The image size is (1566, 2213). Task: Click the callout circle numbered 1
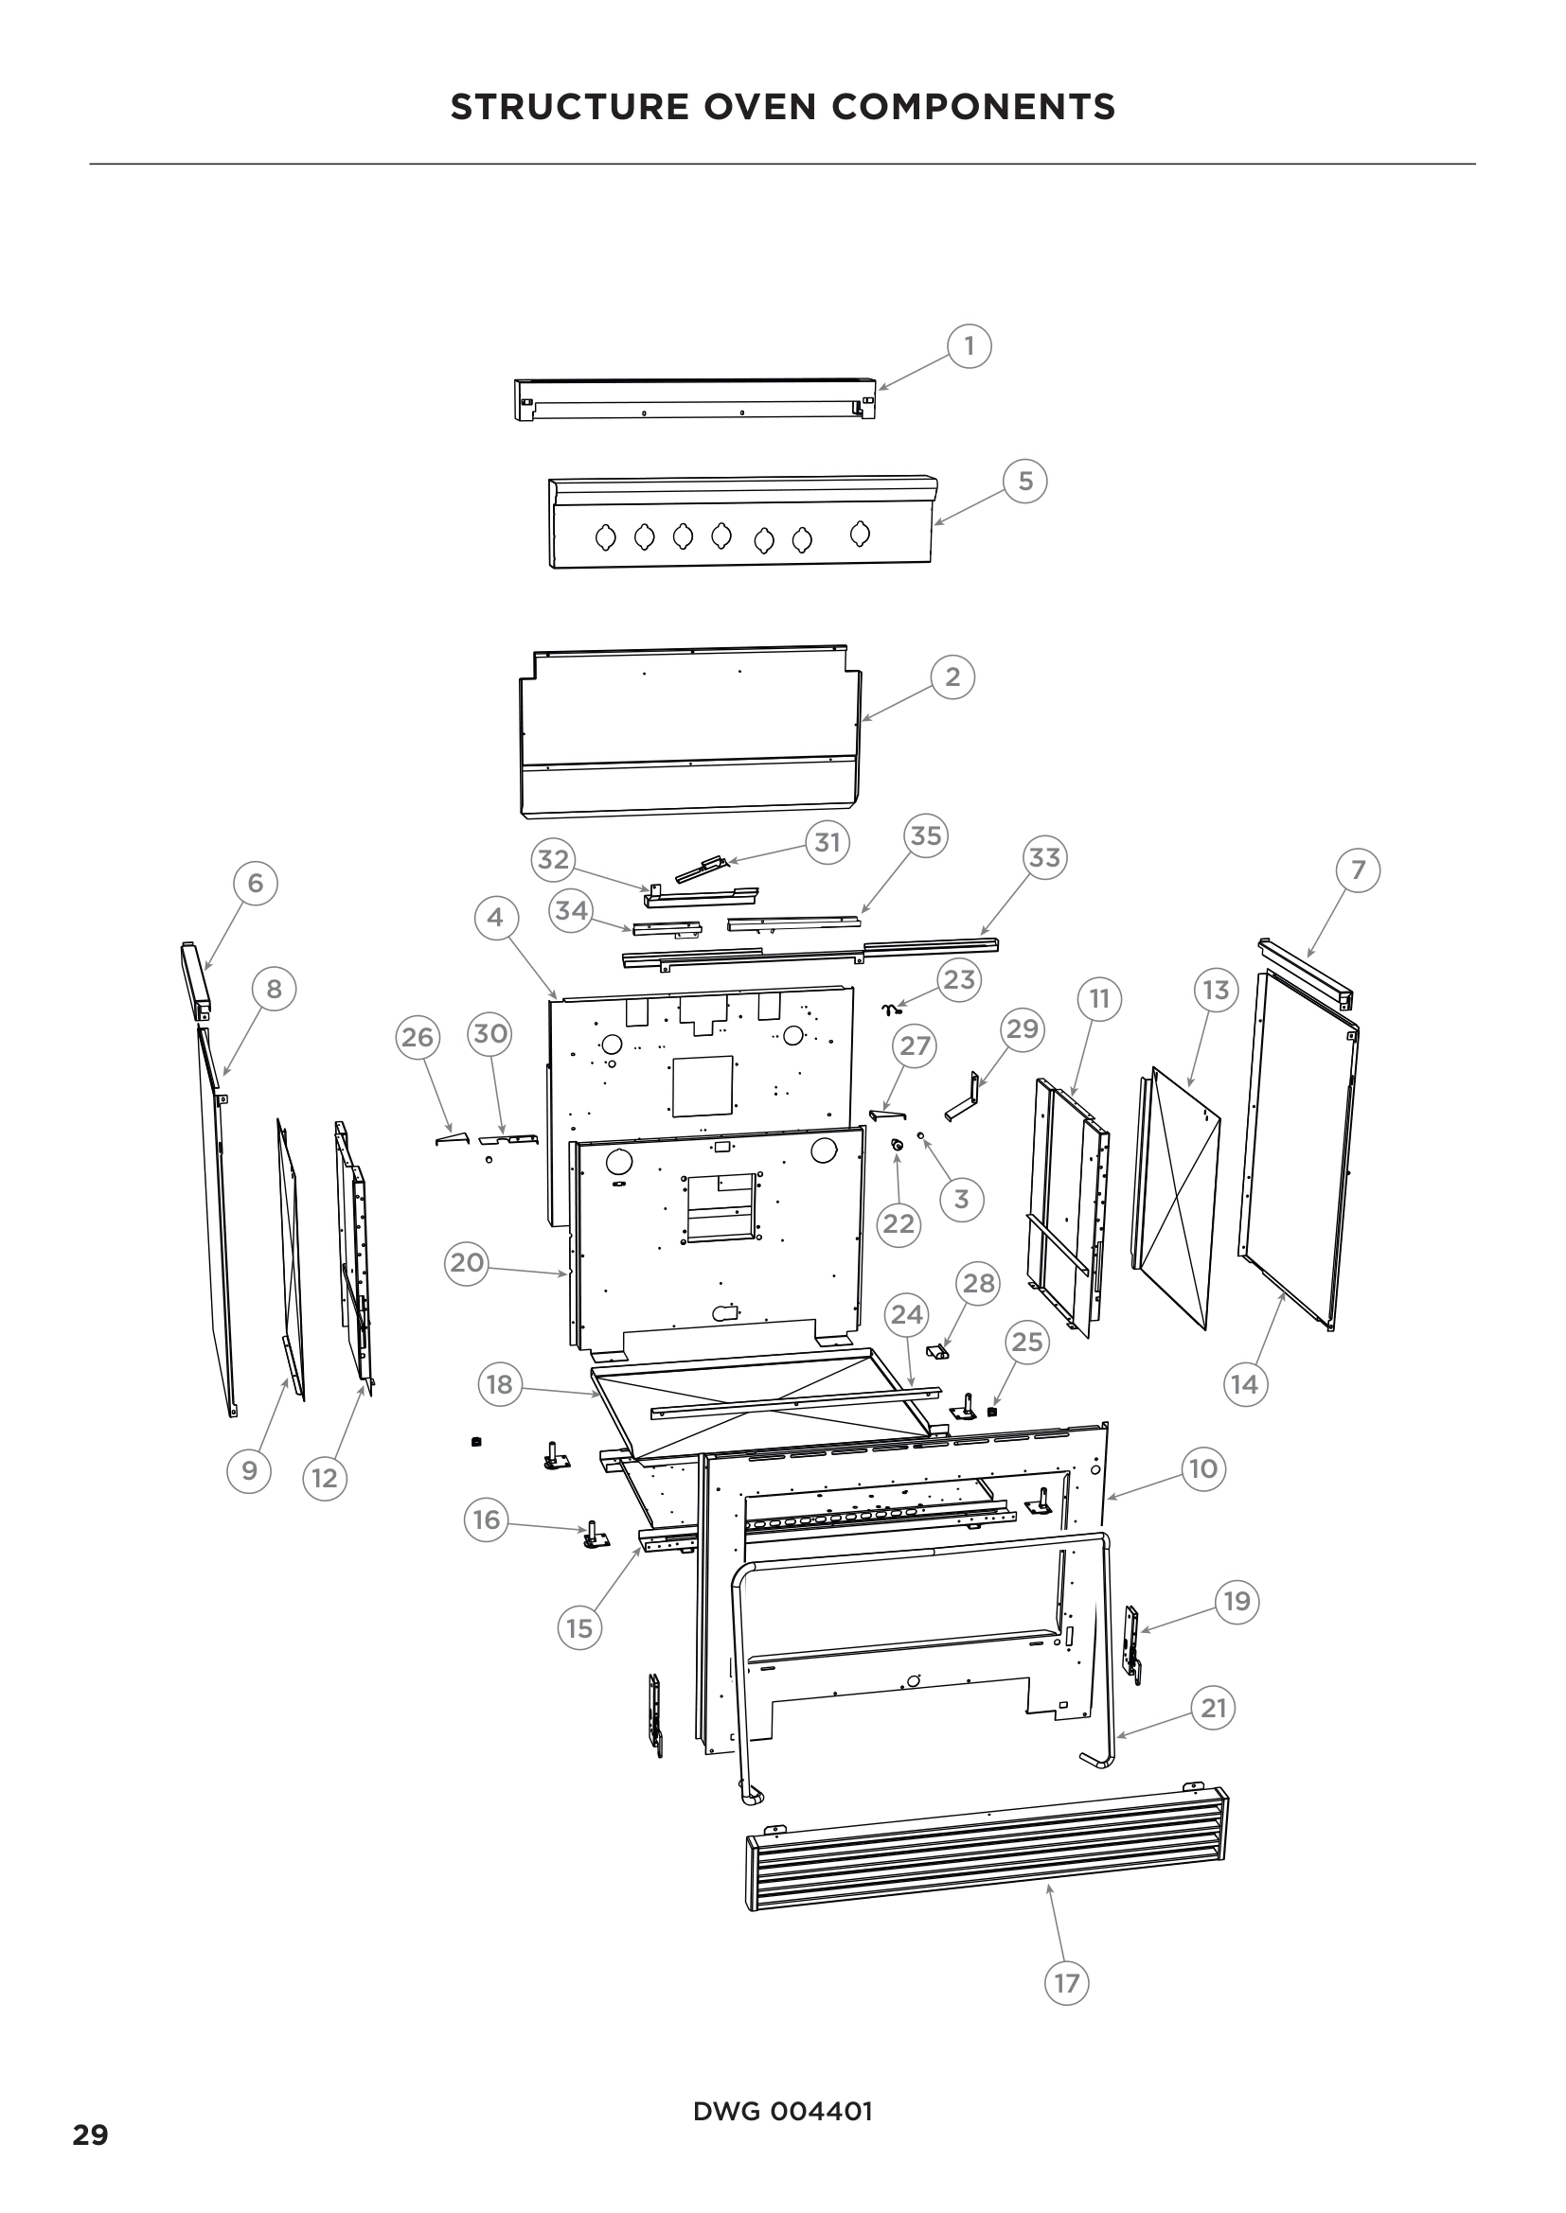pyautogui.click(x=970, y=345)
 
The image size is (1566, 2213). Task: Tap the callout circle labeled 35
pyautogui.click(x=925, y=834)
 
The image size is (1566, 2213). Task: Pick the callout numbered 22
pyautogui.click(x=899, y=1223)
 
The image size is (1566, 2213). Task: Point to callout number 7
pyautogui.click(x=1358, y=869)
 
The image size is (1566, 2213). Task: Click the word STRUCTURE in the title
pyautogui.click(x=569, y=106)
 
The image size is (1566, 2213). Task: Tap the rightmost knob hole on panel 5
pyautogui.click(x=860, y=532)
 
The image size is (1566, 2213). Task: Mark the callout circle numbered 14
pyautogui.click(x=1244, y=1384)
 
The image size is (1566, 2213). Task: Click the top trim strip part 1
pyautogui.click(x=694, y=398)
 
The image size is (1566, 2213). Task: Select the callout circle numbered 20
pyautogui.click(x=467, y=1262)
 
